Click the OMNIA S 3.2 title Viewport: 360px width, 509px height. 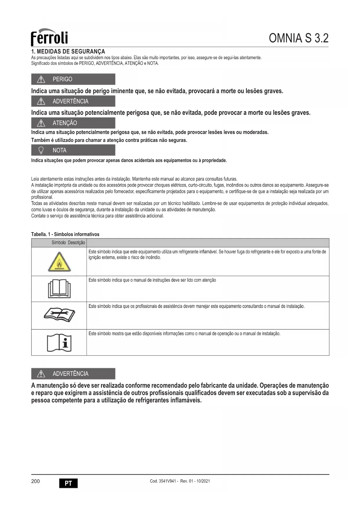(299, 38)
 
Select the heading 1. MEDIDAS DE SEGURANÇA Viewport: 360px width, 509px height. (68, 52)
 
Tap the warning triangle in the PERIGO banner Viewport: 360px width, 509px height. (41, 79)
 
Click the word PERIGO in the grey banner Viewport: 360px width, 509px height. (62, 79)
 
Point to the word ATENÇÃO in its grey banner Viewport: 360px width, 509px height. (65, 123)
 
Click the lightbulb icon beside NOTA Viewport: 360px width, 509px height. (41, 150)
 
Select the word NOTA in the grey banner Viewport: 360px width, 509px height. (59, 150)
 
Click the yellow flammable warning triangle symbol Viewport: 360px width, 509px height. (59, 262)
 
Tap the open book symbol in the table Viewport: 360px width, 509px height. (59, 289)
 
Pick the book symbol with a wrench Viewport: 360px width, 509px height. (59, 315)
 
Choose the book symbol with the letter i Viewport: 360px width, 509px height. (59, 343)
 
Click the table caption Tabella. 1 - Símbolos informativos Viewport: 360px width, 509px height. (65, 234)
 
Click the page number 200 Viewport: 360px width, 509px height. (35, 481)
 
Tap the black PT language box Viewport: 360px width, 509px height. (68, 483)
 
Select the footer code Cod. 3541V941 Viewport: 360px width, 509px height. (162, 481)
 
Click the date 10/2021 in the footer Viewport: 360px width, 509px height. (203, 481)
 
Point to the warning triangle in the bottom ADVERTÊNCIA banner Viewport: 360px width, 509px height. (41, 374)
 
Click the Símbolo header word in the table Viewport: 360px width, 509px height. (59, 243)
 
